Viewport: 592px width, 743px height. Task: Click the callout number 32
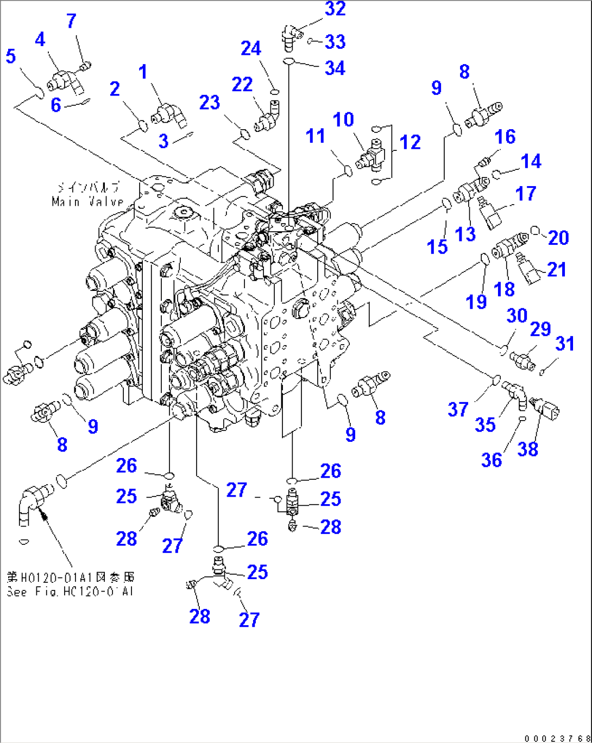(x=335, y=9)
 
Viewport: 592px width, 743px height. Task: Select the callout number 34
(x=335, y=68)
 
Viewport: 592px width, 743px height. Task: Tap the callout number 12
(x=410, y=142)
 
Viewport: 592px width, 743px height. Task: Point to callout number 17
(x=525, y=193)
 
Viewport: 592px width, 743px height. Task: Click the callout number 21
(x=556, y=269)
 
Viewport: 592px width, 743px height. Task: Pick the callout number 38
(x=527, y=449)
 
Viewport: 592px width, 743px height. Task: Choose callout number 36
(x=492, y=460)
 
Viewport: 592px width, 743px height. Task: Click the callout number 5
(x=11, y=56)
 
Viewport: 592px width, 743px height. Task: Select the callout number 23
(x=210, y=102)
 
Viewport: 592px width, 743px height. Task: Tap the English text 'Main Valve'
(x=88, y=202)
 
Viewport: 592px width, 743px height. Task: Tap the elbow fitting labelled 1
(x=169, y=113)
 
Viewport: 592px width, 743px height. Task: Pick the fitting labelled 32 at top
(x=288, y=34)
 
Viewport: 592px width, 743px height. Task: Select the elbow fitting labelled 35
(x=514, y=394)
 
